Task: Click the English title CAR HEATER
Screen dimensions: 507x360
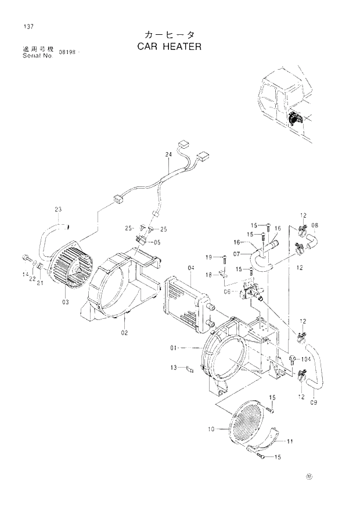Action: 169,46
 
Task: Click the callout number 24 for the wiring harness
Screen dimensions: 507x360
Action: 168,154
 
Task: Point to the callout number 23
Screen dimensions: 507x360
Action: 58,210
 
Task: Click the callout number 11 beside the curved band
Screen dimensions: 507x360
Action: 289,441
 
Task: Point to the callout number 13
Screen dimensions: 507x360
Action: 174,368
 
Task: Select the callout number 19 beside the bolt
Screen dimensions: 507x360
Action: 208,257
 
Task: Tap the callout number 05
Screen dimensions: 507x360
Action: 157,242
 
